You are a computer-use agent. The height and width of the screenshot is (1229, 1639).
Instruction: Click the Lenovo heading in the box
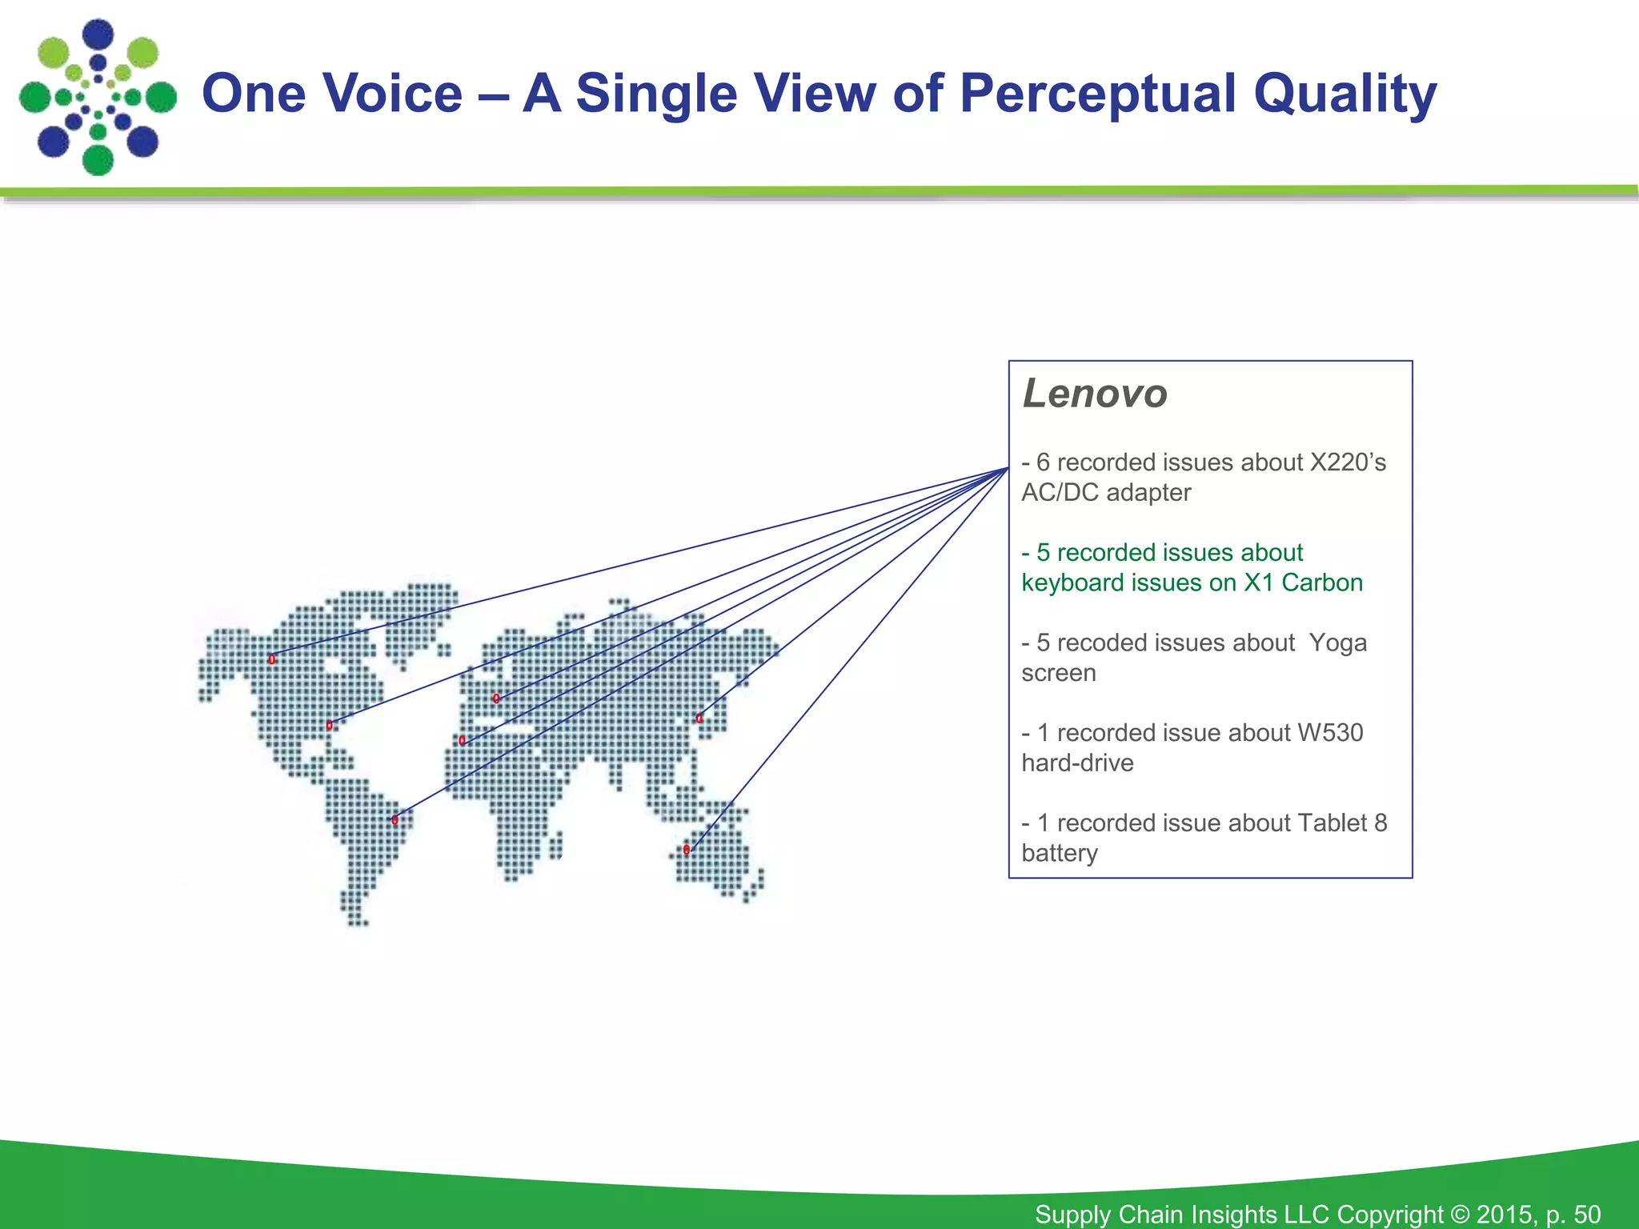1094,394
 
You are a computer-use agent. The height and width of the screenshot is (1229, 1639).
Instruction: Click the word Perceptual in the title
1098,94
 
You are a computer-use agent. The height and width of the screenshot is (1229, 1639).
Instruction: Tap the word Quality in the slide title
1344,94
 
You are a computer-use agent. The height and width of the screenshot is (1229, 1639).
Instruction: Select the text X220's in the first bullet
1347,462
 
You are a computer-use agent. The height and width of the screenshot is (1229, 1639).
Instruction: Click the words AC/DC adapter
1106,493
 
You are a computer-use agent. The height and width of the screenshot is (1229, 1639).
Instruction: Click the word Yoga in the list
1337,643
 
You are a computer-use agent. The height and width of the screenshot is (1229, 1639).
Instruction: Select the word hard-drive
1077,763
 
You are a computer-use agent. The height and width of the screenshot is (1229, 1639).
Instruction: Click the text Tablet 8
1341,823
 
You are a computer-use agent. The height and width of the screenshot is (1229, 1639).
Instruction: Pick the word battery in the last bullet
1060,854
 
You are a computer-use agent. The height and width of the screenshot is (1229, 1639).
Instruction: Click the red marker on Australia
687,850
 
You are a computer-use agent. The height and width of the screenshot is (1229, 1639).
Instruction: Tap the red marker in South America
395,819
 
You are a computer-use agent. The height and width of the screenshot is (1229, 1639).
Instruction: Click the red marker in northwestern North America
272,659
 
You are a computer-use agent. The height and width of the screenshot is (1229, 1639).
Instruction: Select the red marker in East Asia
699,719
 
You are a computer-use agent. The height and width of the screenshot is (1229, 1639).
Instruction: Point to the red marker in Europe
496,699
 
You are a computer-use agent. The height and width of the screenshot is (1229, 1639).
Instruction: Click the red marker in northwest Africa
462,741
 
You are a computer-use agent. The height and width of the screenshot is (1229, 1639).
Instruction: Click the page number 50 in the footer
1587,1214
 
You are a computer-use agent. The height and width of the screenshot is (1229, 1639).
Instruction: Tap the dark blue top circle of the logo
98,34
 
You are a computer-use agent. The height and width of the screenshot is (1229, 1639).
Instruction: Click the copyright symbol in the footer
1460,1214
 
